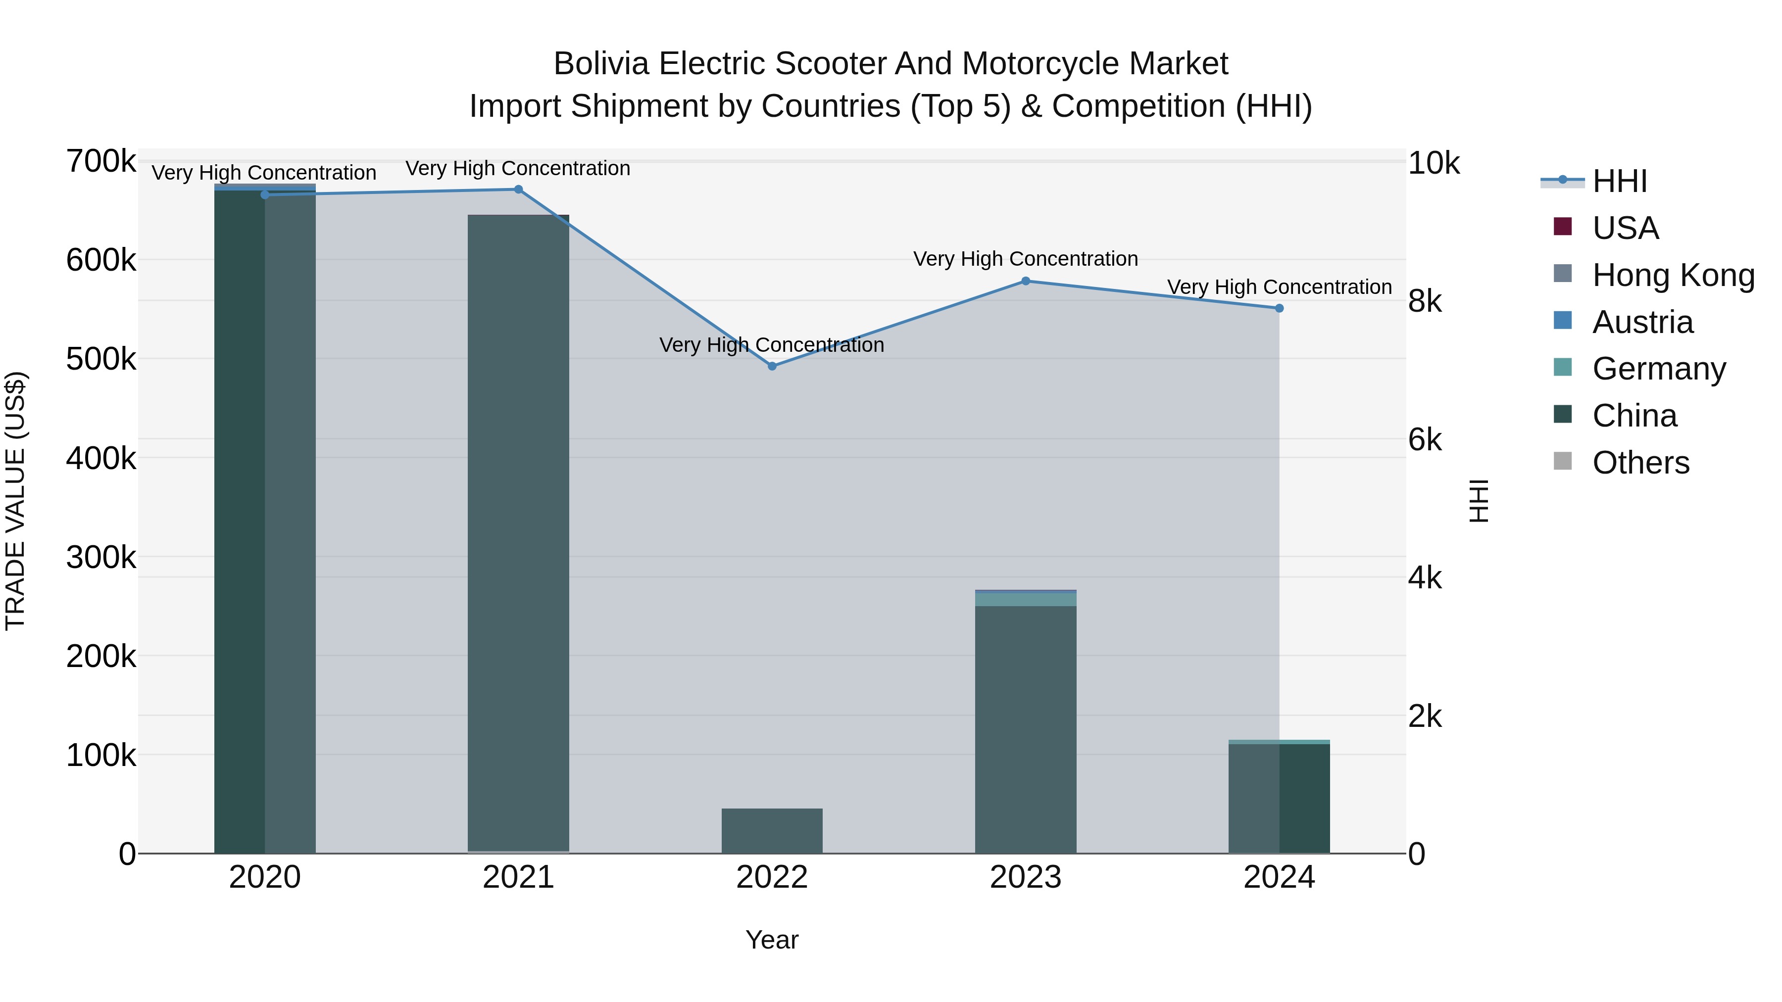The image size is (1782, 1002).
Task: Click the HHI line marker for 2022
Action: click(772, 366)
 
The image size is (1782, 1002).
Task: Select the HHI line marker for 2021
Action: click(518, 190)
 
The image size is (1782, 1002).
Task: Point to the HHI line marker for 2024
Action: click(1279, 308)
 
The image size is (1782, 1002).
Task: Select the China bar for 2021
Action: click(518, 532)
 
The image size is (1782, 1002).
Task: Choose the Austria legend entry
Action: click(1642, 322)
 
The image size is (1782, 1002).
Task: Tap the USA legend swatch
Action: click(1563, 227)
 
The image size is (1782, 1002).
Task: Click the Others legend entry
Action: click(1640, 463)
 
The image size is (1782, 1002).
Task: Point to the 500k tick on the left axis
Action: click(101, 359)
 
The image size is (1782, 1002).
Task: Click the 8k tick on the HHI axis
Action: click(1425, 301)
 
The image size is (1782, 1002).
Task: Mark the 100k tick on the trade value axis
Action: click(101, 755)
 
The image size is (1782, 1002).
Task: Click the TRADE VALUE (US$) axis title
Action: click(16, 501)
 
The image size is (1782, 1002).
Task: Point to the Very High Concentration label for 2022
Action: click(772, 344)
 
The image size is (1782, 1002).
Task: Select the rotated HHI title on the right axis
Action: click(1478, 501)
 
